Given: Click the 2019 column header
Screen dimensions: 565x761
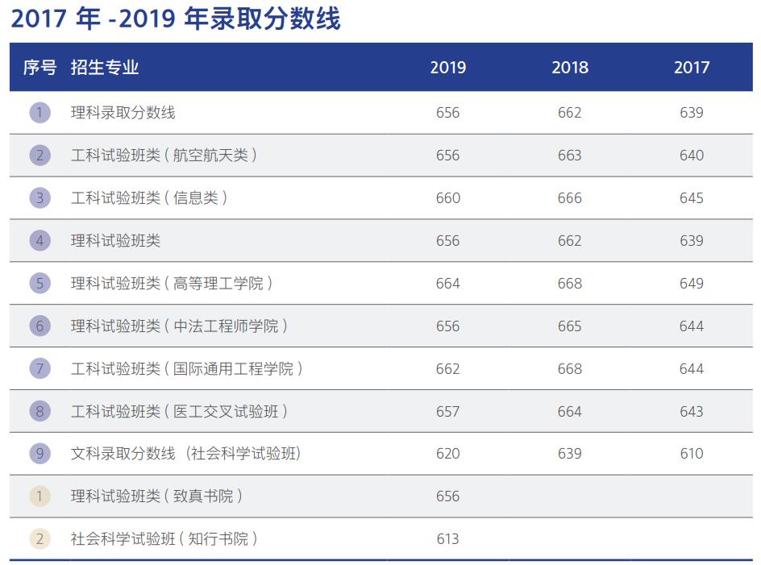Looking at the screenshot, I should tap(447, 68).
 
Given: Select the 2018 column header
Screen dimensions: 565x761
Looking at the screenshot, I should tap(570, 68).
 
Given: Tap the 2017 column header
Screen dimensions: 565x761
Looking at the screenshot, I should tap(692, 68).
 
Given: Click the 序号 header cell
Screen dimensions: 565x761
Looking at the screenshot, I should tap(40, 68).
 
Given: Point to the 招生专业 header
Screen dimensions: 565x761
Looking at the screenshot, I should tap(105, 68).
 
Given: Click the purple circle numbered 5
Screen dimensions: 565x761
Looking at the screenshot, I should tap(40, 283).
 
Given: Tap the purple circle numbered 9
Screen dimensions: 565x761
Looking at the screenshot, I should tap(40, 454).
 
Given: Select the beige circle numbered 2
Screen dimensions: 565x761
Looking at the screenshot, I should tap(40, 539).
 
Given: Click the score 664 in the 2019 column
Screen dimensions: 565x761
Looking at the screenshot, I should tap(447, 283).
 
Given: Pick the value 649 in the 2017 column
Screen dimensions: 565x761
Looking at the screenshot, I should tap(692, 283).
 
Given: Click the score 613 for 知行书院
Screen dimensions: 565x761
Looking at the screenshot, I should tap(447, 539).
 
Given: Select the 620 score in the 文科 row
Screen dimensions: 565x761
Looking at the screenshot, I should tap(447, 454).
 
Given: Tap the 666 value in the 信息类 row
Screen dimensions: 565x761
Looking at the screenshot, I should tap(570, 198).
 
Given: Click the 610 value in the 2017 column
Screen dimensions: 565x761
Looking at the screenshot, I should tap(692, 454).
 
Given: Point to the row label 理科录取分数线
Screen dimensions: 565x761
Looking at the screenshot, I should tap(123, 113).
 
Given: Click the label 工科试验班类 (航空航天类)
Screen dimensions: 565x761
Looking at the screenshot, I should tap(164, 156).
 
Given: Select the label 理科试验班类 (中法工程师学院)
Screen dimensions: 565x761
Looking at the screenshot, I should tap(179, 326).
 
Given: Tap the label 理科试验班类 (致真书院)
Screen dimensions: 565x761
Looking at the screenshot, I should tap(156, 496).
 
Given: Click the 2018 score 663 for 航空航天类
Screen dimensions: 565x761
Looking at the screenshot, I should tap(570, 156).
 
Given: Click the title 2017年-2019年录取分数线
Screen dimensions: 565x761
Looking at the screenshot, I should tap(176, 19).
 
